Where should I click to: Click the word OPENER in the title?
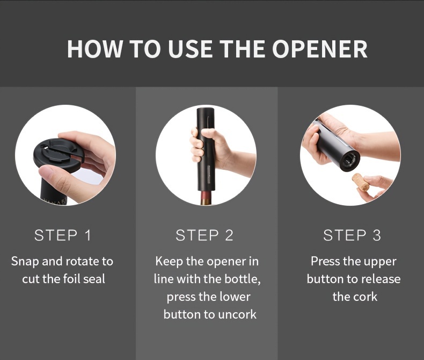point(320,49)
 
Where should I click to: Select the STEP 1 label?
point(62,235)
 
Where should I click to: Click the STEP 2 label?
point(204,235)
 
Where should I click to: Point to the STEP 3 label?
point(352,235)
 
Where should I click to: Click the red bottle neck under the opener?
point(206,197)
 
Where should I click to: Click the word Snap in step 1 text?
point(25,262)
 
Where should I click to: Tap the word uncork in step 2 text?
point(237,314)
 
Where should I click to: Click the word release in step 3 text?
point(381,279)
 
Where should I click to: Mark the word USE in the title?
point(191,49)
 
